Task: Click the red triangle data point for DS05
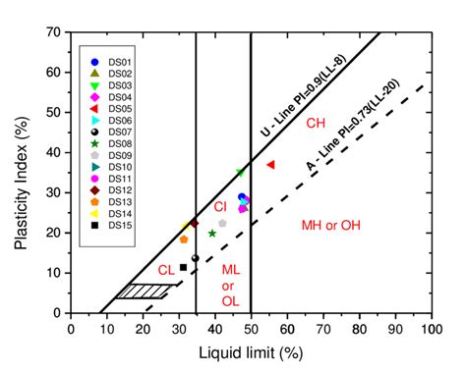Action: tap(270, 165)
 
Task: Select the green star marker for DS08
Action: tap(212, 234)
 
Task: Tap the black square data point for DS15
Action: tap(183, 267)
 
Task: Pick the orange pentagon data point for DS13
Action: tap(184, 239)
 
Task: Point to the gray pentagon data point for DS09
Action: tap(222, 224)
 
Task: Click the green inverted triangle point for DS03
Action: tap(240, 173)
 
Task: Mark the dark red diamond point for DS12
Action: tap(194, 224)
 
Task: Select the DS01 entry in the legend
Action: tap(109, 62)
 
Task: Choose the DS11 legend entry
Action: tap(109, 178)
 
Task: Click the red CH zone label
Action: tap(316, 124)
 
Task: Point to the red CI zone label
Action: tap(221, 206)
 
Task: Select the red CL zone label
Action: tap(167, 269)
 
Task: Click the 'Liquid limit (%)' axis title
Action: tap(250, 351)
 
